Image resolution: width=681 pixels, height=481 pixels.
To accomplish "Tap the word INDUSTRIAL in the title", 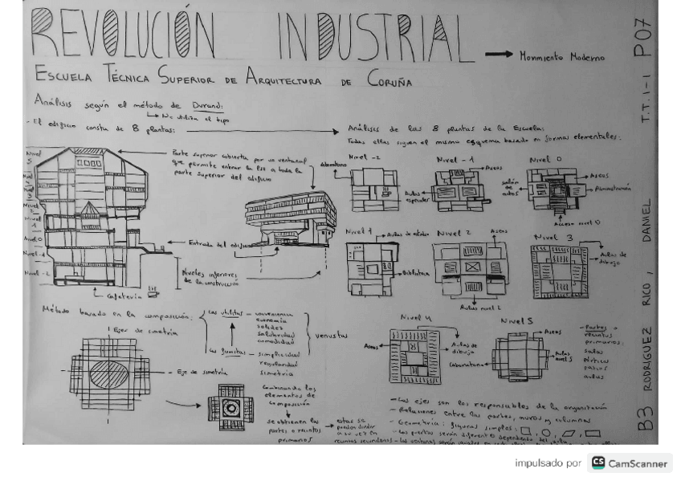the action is point(369,35).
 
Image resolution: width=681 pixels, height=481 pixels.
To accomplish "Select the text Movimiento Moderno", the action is point(561,58).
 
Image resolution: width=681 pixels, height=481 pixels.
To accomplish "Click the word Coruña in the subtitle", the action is point(389,81).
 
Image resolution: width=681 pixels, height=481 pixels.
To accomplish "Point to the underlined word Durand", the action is point(208,105).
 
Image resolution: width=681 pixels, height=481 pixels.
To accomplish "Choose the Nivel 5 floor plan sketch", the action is point(519,357).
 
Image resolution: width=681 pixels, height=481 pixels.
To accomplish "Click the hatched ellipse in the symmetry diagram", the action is point(108,375).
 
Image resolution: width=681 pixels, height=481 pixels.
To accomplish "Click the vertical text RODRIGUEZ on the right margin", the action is point(646,358).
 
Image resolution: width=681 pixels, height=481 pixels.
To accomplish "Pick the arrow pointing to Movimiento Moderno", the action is point(499,55).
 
